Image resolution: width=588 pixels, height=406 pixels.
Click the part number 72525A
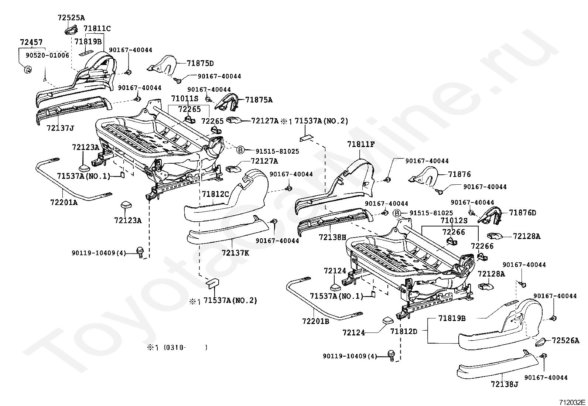pyautogui.click(x=71, y=18)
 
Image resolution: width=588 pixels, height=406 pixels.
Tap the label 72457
pyautogui.click(x=31, y=42)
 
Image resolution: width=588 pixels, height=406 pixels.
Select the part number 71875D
pyautogui.click(x=200, y=63)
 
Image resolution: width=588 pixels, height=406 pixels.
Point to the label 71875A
pyautogui.click(x=259, y=100)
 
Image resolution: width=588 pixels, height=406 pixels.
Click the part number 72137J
pyautogui.click(x=60, y=128)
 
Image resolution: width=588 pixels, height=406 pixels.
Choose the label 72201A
pyautogui.click(x=64, y=202)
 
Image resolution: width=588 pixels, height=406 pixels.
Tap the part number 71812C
pyautogui.click(x=215, y=194)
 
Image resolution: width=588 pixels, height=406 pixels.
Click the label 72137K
pyautogui.click(x=236, y=253)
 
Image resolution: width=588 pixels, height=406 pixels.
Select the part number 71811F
pyautogui.click(x=361, y=144)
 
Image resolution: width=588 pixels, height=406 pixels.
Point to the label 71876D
pyautogui.click(x=523, y=213)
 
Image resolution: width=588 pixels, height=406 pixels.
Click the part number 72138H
pyautogui.click(x=332, y=238)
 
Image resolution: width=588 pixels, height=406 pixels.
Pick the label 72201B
pyautogui.click(x=316, y=321)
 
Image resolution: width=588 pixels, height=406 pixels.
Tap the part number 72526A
pyautogui.click(x=565, y=341)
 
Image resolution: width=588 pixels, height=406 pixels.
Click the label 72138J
pyautogui.click(x=505, y=384)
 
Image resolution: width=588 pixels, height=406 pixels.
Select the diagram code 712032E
pyautogui.click(x=572, y=402)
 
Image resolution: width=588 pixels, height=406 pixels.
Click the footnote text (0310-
pyautogui.click(x=175, y=347)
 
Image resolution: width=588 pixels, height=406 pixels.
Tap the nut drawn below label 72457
pyautogui.click(x=27, y=70)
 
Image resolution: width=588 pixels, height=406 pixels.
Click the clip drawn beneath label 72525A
pyautogui.click(x=71, y=30)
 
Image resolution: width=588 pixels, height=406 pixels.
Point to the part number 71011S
pyautogui.click(x=185, y=99)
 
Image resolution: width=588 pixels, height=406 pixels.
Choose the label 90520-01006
pyautogui.click(x=48, y=55)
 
